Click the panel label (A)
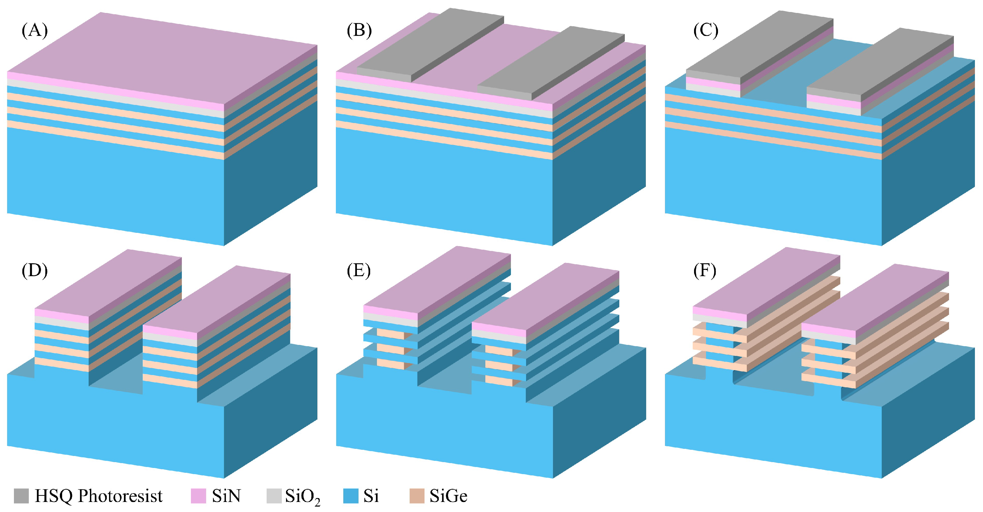point(35,30)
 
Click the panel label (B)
point(359,30)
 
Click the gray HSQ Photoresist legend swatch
point(21,495)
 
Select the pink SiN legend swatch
point(198,495)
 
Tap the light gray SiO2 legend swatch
point(274,495)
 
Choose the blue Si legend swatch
point(351,495)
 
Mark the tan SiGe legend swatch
point(417,495)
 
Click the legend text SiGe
point(448,495)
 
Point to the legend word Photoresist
point(120,495)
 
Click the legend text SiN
point(226,495)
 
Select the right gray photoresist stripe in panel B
point(551,61)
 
